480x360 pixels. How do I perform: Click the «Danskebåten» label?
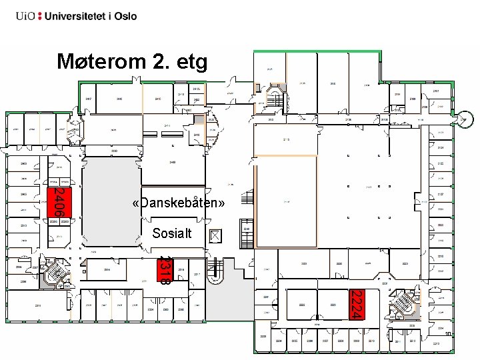[x=178, y=202]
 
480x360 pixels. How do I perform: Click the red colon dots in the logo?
[x=41, y=16]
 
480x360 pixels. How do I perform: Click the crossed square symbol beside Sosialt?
[x=215, y=235]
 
